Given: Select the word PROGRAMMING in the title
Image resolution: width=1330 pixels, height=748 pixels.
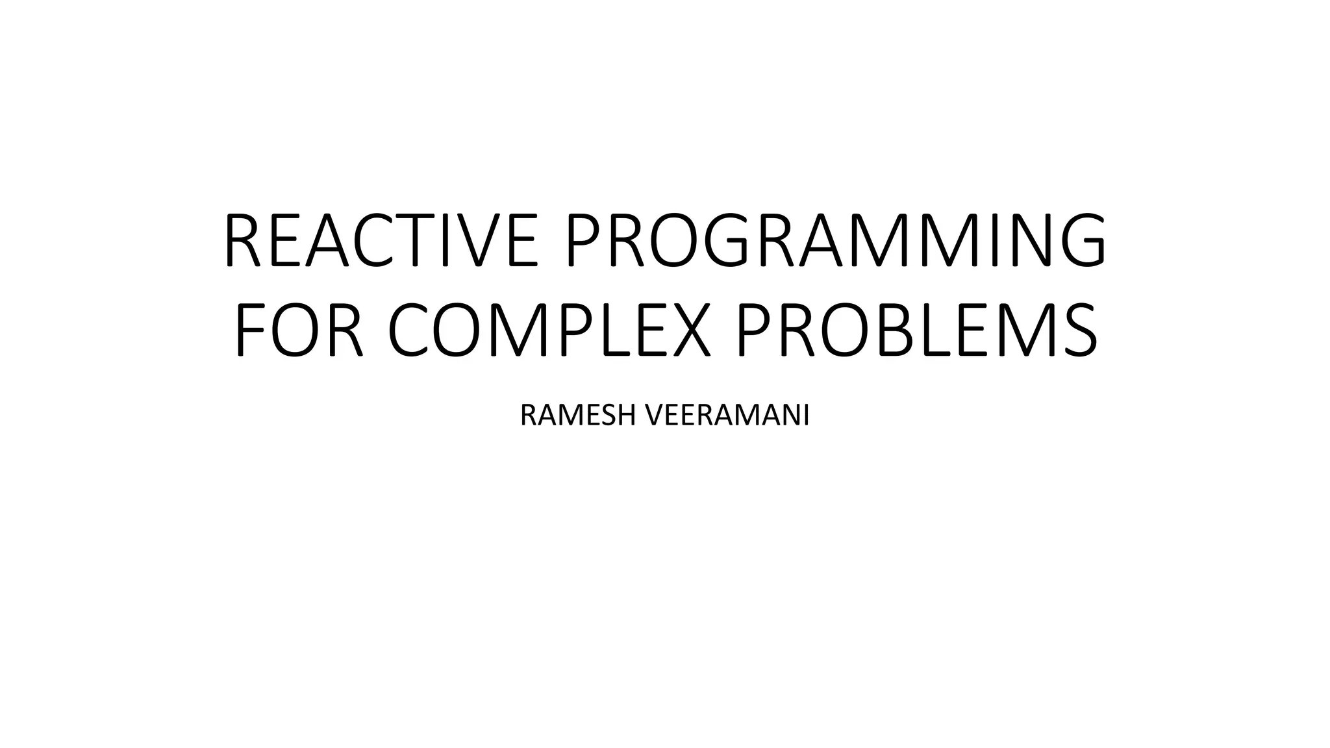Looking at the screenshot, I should [x=834, y=240].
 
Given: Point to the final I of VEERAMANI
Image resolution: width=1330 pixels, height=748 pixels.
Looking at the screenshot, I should [x=806, y=416].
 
